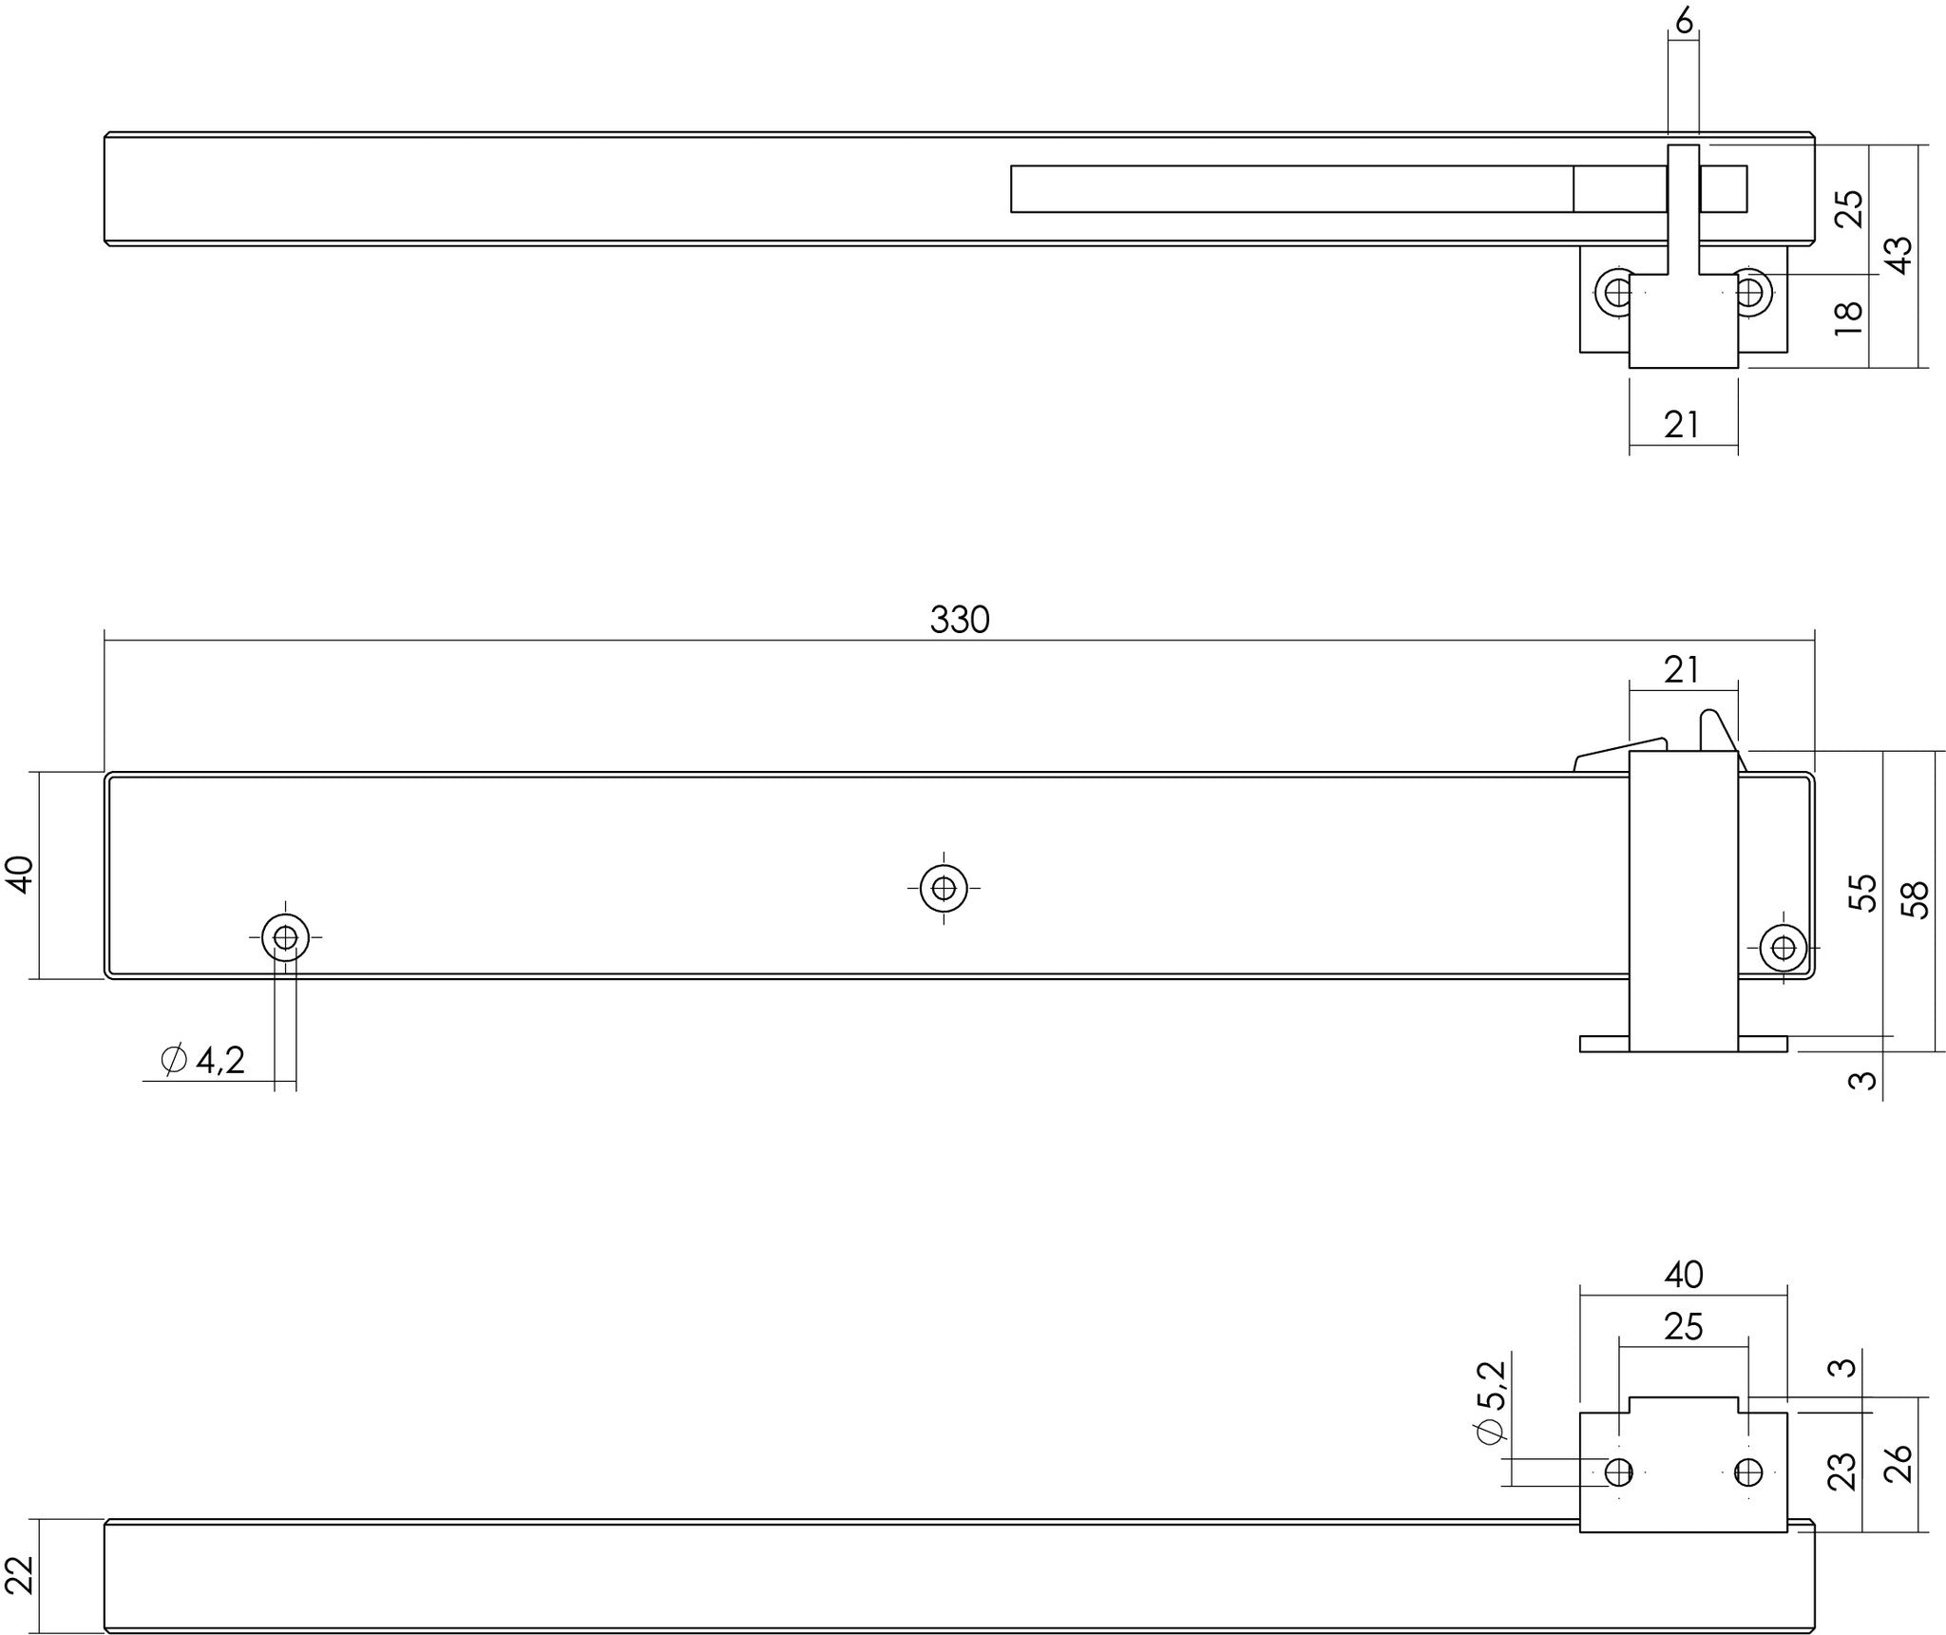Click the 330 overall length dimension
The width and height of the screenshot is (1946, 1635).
960,620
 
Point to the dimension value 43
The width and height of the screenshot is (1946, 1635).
1898,255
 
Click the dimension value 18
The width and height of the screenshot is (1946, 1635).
1848,317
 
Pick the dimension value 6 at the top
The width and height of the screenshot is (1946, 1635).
1684,20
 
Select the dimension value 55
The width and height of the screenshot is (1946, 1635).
1865,893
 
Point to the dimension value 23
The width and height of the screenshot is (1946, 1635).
1841,1471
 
